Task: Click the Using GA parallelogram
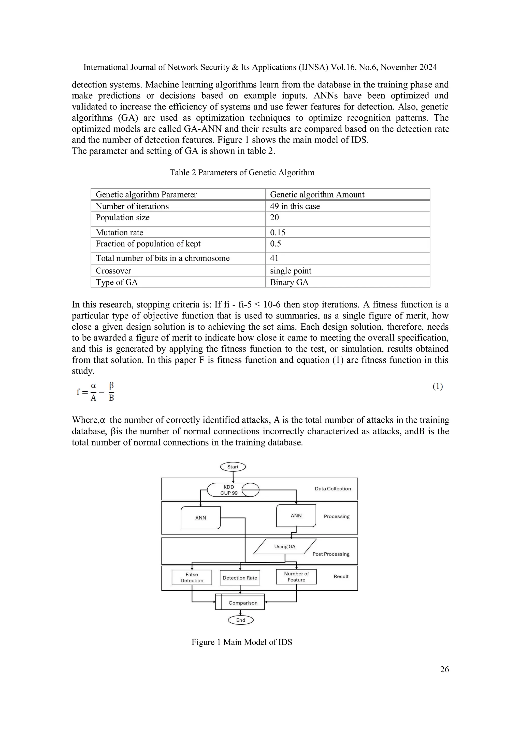coord(285,547)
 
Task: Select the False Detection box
coord(192,577)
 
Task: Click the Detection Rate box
coord(240,578)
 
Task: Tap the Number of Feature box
coord(296,577)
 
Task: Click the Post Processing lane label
coord(331,554)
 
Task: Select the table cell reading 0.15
coord(278,232)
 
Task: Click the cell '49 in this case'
coord(295,206)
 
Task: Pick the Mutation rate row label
coord(119,232)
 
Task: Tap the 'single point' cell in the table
coord(291,271)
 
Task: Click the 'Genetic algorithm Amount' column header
coord(317,195)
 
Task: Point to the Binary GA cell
coord(289,282)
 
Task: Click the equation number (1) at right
coord(438,386)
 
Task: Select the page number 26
coord(444,669)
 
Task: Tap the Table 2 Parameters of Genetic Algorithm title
coord(242,173)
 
